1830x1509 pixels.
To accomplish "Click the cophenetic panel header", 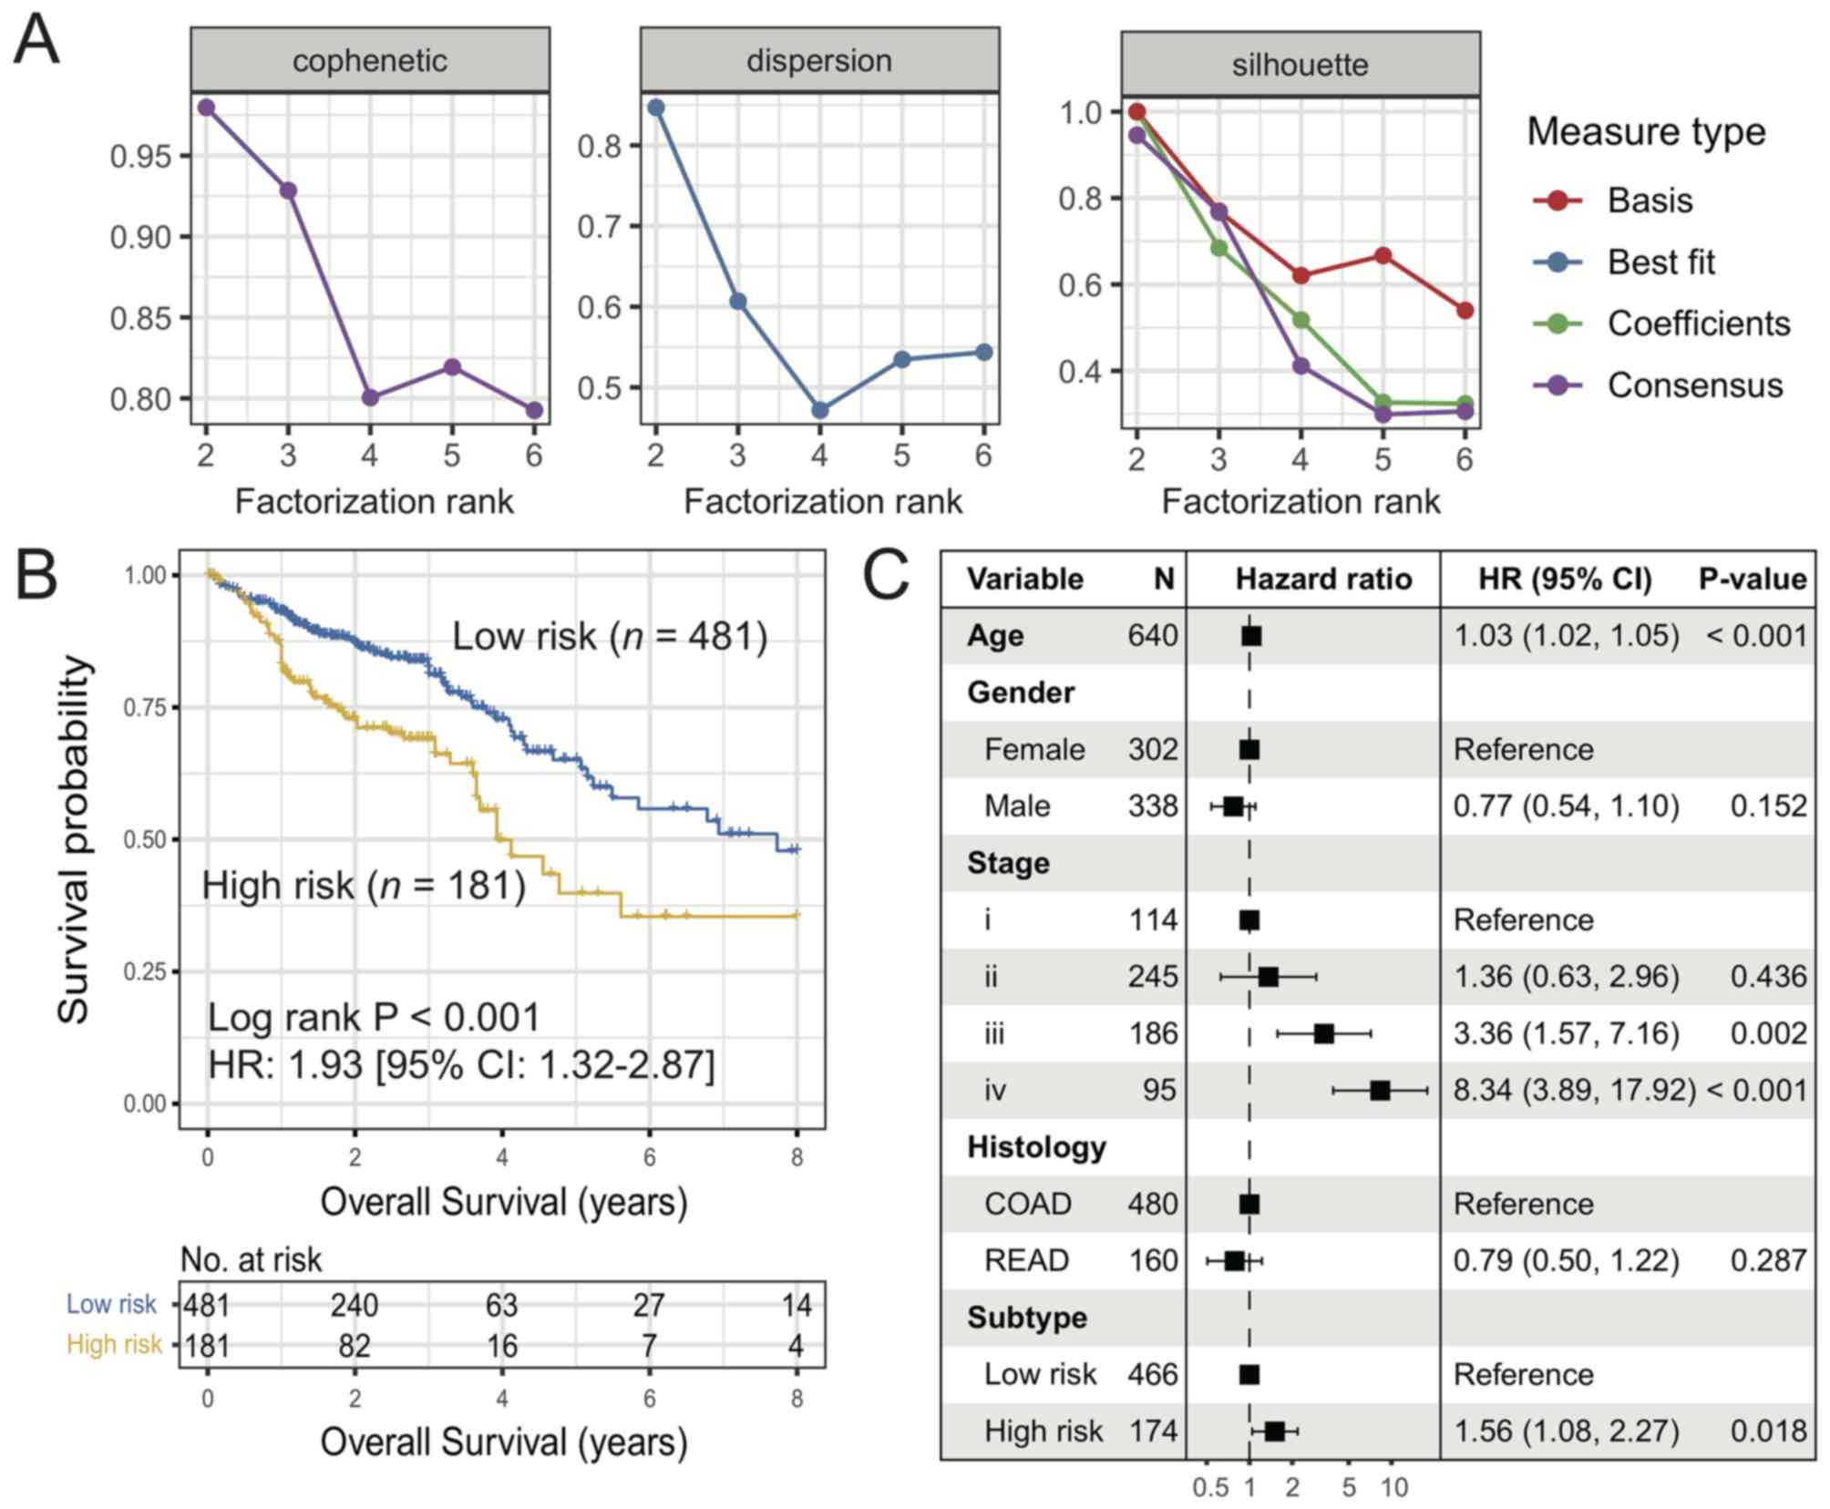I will pos(369,60).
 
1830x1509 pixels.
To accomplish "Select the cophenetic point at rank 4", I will pos(370,397).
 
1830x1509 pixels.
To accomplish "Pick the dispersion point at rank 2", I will pos(655,108).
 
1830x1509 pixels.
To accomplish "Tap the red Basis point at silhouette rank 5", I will pos(1383,256).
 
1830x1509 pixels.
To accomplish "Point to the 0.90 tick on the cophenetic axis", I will pos(140,237).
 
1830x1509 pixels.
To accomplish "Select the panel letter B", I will pos(36,576).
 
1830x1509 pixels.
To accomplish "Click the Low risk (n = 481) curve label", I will pos(610,636).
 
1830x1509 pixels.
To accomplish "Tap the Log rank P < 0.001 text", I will pos(374,1017).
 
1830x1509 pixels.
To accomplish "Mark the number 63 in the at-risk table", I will pos(501,1305).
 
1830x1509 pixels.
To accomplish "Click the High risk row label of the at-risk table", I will pos(114,1344).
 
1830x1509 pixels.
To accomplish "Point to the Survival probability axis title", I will pos(75,838).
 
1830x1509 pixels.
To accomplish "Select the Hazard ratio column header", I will pos(1323,579).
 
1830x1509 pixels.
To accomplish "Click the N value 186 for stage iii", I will pos(1153,1033).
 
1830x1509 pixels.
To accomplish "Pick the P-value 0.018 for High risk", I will pos(1768,1431).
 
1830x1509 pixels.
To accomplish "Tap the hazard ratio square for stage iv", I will pos(1380,1090).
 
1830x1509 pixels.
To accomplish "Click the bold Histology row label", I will pos(1036,1146).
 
